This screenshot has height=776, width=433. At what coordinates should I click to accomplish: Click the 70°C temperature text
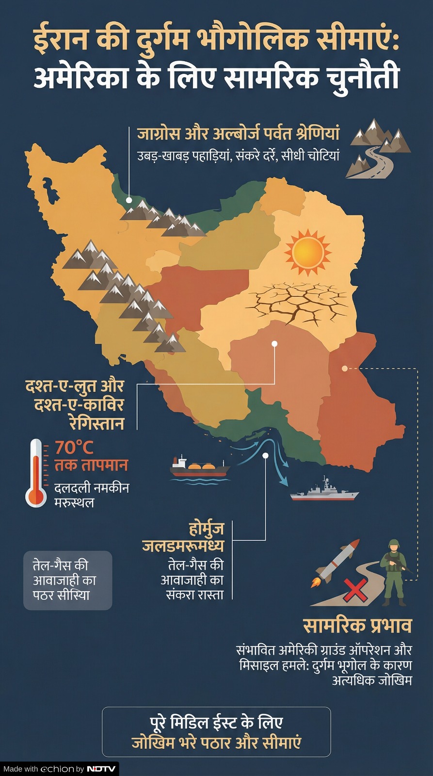coord(74,447)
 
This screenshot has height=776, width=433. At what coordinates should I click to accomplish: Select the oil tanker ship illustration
coord(200,469)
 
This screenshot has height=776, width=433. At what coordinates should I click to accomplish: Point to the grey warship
coord(324,492)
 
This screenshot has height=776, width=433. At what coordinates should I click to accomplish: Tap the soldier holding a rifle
coord(394,572)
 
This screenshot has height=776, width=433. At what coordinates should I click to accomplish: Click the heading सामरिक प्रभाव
coord(357,626)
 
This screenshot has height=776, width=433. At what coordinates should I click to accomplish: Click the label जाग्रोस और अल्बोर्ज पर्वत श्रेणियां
coord(238,133)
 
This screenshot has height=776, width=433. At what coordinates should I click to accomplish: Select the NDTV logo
coord(101,769)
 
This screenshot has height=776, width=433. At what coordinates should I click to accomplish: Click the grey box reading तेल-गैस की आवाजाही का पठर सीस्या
coord(67,580)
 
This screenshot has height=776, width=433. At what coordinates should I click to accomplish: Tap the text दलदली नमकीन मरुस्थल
coord(91,495)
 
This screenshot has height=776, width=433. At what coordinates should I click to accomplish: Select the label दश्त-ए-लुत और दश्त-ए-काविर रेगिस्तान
coord(76,404)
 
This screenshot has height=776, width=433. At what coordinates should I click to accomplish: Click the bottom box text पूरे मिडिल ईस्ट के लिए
coord(216,722)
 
